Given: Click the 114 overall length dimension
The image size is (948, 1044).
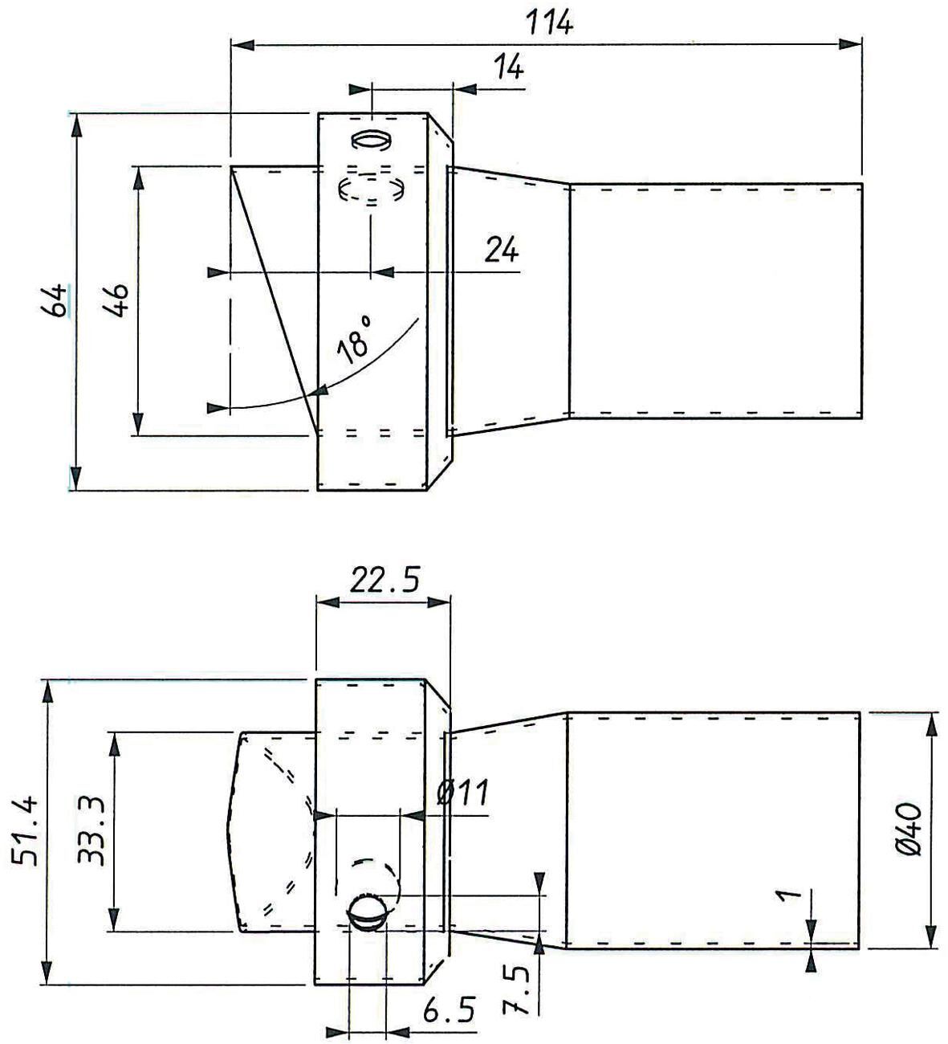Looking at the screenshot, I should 550,22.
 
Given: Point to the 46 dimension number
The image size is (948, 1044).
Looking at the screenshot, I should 118,300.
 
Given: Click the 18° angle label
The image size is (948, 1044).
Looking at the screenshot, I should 355,341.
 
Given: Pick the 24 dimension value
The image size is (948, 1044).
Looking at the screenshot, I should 502,251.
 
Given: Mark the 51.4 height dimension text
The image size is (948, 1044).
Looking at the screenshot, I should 27,830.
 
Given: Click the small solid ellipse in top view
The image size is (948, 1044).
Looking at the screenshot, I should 371,140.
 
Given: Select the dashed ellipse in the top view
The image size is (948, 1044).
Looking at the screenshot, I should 371,190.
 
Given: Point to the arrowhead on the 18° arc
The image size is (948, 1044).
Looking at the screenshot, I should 319,391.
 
